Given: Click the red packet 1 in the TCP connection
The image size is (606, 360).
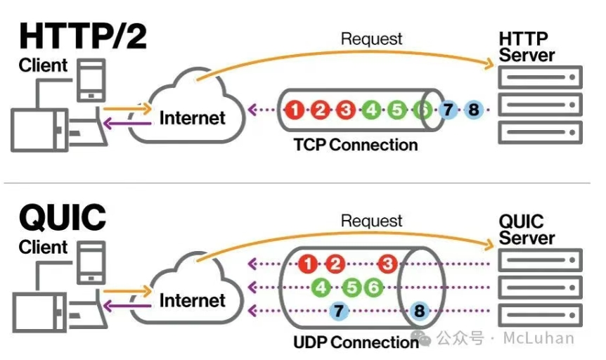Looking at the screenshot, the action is [295, 110].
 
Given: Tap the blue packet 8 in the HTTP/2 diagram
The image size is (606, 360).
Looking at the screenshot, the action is [474, 110].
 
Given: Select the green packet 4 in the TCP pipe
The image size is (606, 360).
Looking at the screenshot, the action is [371, 110].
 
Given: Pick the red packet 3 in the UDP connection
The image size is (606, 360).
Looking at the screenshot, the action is [387, 264].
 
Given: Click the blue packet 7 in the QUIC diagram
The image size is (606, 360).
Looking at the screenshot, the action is [339, 311].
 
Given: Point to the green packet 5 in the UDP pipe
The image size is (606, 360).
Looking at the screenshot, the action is [352, 288].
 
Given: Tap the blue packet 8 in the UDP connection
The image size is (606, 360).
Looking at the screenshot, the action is [419, 311].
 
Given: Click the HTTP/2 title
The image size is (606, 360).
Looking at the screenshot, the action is [83, 36].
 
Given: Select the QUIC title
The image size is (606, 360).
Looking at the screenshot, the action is [63, 217].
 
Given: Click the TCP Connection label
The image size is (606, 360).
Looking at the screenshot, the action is [356, 145].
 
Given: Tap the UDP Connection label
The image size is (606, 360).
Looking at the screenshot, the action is [356, 342].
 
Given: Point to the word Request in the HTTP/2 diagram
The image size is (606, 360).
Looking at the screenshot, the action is [371, 39].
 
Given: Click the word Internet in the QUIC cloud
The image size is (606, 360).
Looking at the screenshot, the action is [193, 300].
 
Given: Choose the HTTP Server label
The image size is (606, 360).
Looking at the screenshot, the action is [527, 47].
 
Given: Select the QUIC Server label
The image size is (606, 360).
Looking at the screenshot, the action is [527, 230].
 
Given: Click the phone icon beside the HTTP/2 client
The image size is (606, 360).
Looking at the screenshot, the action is [91, 80].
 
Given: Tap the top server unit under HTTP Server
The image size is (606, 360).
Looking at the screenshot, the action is [540, 77].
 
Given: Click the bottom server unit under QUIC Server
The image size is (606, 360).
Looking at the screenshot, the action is [540, 315].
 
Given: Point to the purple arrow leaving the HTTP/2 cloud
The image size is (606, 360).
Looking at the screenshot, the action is [127, 124].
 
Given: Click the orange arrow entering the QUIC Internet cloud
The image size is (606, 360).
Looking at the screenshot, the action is [127, 291].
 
